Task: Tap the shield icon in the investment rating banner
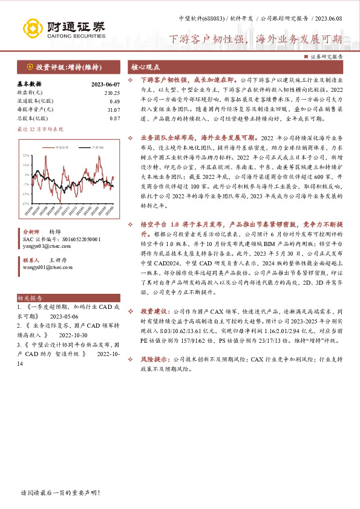(x=28, y=66)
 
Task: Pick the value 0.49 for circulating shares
(x=114, y=101)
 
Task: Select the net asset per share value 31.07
(x=113, y=109)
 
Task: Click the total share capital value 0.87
(x=114, y=118)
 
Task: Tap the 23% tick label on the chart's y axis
(x=26, y=156)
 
